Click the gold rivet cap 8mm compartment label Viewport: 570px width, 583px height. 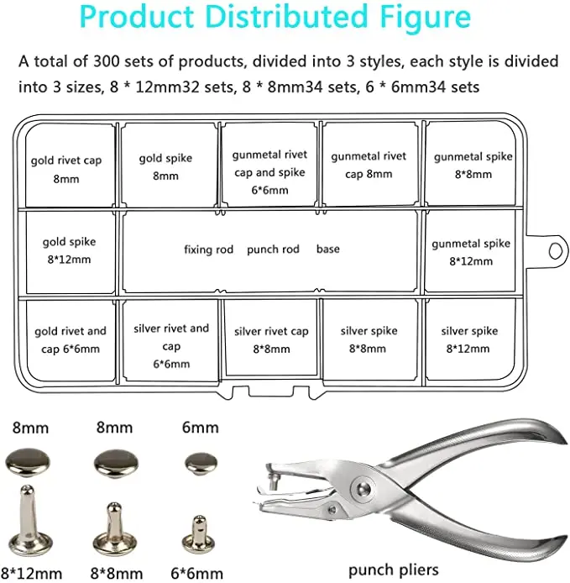[x=66, y=169]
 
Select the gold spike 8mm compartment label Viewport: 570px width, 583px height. [x=166, y=166]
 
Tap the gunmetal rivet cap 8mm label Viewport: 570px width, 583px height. [x=368, y=165]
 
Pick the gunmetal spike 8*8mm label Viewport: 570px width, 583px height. [x=473, y=165]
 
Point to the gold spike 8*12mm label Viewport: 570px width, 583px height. [x=69, y=250]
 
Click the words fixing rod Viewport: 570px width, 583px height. [x=208, y=249]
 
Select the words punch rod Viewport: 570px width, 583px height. [x=274, y=249]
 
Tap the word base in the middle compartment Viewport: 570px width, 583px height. [x=328, y=249]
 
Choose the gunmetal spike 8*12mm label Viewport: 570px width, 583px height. [x=471, y=252]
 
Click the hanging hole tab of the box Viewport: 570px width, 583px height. [x=553, y=249]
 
